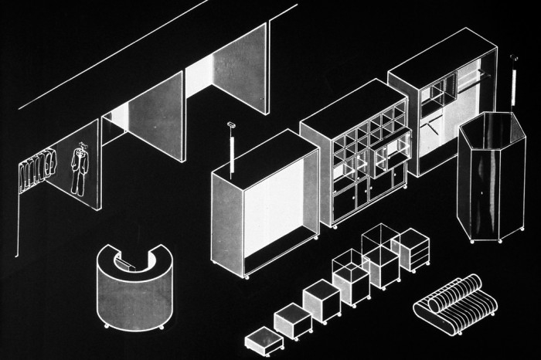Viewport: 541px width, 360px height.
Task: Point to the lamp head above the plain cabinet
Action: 230,125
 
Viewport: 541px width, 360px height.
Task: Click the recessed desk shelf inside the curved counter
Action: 128,264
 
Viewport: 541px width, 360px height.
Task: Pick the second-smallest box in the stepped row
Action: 292,318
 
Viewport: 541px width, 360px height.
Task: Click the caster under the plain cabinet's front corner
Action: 247,277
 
